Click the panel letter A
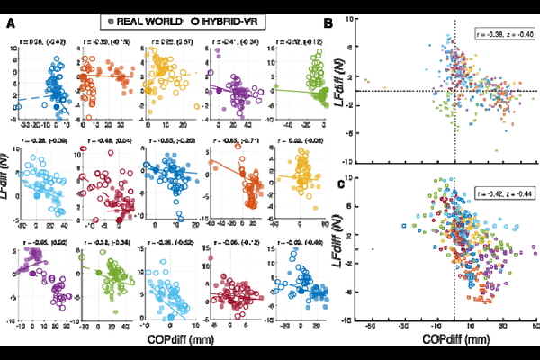tap(10, 22)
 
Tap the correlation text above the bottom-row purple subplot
tap(41, 242)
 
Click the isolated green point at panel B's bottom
tap(458, 150)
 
